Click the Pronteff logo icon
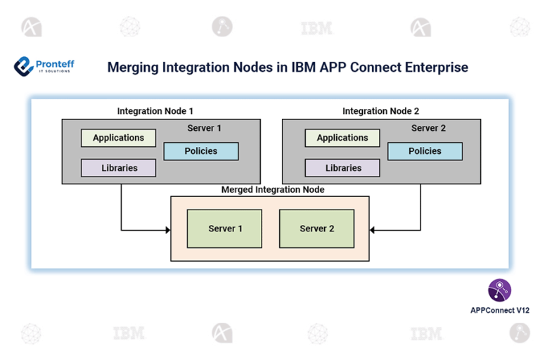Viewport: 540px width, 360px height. click(x=24, y=66)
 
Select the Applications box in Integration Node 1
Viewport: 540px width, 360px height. click(x=118, y=138)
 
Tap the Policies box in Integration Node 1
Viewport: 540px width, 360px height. click(x=201, y=151)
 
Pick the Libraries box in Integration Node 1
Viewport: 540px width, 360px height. click(x=118, y=168)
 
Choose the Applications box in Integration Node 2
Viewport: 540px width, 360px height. click(x=342, y=138)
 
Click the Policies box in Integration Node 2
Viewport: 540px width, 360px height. click(x=425, y=151)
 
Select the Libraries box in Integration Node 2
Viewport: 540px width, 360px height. click(x=342, y=168)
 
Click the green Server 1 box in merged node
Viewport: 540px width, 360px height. click(x=225, y=229)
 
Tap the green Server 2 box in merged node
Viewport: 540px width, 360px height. click(x=316, y=229)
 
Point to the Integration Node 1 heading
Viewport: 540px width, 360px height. click(x=155, y=111)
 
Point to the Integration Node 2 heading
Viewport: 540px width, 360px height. click(x=380, y=111)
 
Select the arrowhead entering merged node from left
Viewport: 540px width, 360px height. click(x=167, y=230)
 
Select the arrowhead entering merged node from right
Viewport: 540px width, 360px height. click(x=373, y=230)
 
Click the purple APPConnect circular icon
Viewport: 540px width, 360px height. click(x=499, y=290)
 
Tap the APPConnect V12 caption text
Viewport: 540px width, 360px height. click(x=499, y=310)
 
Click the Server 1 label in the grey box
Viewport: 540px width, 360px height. click(x=204, y=129)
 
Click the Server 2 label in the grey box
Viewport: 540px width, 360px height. click(x=428, y=129)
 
